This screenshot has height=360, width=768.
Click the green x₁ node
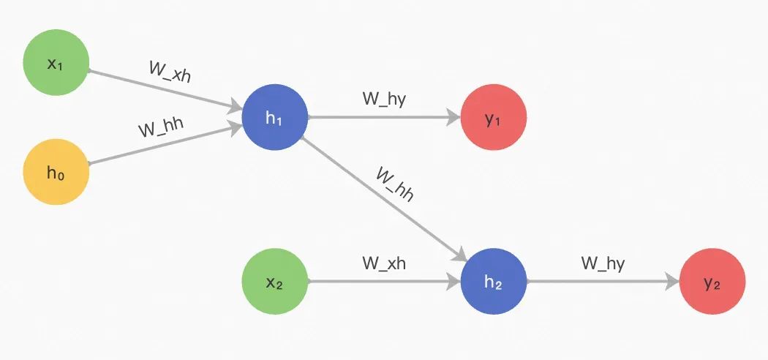coord(56,64)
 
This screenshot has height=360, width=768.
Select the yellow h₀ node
coord(56,173)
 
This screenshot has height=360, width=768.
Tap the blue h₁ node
coord(274,117)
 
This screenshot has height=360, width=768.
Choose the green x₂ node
coord(274,282)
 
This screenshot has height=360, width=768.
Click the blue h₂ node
coord(494,282)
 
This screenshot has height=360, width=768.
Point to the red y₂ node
coord(712,282)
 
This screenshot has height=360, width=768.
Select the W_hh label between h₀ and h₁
coord(160,128)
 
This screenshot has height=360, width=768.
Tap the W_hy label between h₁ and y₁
coord(384,100)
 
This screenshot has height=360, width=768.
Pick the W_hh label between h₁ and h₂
coord(395,184)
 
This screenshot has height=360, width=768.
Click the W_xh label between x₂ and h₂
coord(384,263)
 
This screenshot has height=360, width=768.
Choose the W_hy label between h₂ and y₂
coord(603,263)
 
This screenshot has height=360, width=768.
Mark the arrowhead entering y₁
coord(454,117)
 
